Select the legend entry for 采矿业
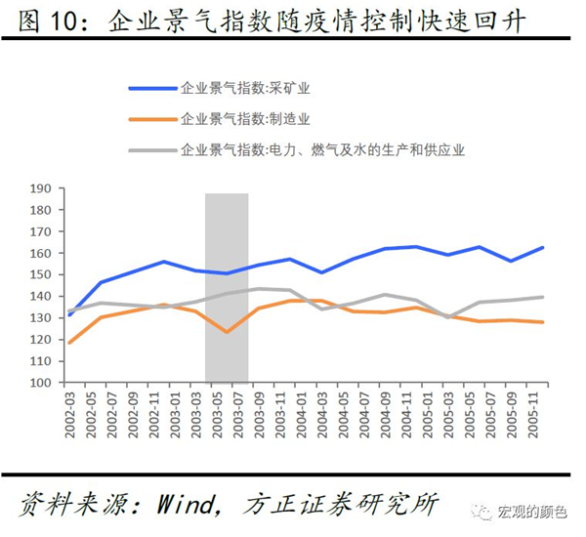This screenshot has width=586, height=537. coord(245,88)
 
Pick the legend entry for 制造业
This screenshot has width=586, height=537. coord(245,119)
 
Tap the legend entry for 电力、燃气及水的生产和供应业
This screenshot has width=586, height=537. coord(322,150)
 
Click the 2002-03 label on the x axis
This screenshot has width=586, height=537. coord(69,410)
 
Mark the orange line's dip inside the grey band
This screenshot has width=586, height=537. coord(227,332)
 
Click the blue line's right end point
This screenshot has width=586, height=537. coord(543,248)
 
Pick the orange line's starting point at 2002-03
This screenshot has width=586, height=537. coord(69,343)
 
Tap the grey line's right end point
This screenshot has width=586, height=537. coord(543,297)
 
